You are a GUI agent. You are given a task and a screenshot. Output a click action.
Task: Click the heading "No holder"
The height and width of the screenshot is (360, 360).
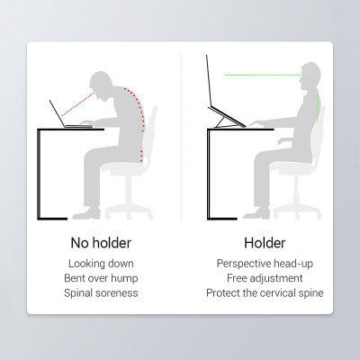[x=101, y=243]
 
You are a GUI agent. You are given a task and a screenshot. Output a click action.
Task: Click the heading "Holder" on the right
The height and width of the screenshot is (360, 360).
[x=265, y=243]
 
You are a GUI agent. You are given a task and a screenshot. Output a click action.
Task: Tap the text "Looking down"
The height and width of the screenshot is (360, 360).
[x=101, y=264]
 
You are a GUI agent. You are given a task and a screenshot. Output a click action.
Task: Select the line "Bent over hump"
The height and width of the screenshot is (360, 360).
[x=101, y=278]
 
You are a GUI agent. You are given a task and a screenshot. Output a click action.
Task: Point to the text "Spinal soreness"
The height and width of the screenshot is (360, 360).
[x=101, y=292]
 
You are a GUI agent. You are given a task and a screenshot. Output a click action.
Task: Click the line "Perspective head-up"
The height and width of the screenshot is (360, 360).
[x=265, y=264]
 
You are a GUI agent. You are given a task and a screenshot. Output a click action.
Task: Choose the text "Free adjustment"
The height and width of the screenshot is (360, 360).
[x=265, y=278]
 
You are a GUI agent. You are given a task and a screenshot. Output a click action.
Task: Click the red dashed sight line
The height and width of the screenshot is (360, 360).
[x=77, y=104]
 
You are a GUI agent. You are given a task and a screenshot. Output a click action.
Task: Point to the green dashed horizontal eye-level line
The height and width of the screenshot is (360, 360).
[x=263, y=75]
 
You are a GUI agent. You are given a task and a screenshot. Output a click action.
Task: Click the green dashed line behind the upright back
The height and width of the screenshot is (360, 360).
[x=318, y=107]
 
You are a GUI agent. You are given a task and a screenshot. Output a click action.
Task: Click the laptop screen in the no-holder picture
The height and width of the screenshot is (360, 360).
[x=58, y=113]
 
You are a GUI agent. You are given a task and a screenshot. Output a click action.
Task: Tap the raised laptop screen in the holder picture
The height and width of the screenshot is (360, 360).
[x=209, y=81]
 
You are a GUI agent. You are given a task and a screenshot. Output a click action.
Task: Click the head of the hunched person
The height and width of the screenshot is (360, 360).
[x=100, y=85]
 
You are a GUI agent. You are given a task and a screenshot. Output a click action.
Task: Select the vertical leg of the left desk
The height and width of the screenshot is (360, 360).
[x=39, y=174]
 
